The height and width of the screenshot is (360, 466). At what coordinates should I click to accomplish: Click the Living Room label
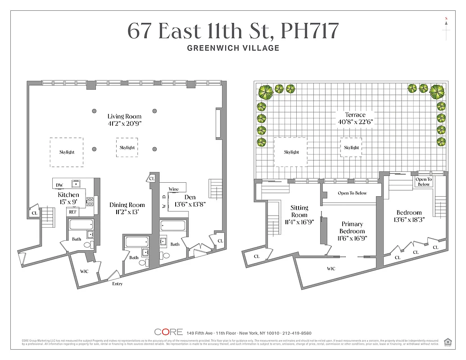coord(124,117)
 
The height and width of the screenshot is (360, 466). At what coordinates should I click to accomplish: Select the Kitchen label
coord(68,195)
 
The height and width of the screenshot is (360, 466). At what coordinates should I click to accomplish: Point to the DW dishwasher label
coord(59,185)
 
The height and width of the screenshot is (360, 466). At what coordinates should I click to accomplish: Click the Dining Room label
coord(127,205)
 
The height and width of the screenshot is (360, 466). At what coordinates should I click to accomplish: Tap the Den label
coord(189,197)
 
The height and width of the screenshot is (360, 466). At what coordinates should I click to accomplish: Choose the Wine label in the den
coord(174,189)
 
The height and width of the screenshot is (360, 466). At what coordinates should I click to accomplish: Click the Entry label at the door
coord(117,284)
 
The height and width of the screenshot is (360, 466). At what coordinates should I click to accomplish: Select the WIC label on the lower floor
coord(84,271)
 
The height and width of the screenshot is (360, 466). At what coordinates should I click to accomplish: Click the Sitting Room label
coord(299,211)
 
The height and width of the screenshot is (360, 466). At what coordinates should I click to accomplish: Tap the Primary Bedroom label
coord(352,227)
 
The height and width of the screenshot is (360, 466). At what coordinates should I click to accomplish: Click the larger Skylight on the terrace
coord(291,152)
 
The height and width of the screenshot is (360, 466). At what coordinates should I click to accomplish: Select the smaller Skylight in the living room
coord(127,148)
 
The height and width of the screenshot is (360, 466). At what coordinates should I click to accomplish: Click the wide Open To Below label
coord(352,193)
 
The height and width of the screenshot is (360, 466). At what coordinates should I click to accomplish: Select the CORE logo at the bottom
coord(168,332)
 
